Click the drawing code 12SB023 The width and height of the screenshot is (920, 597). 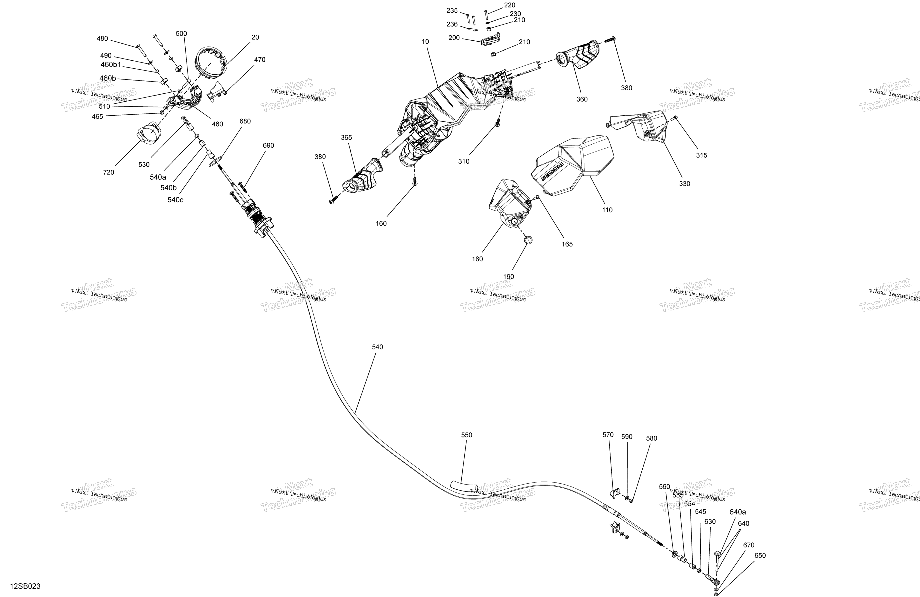click(x=25, y=586)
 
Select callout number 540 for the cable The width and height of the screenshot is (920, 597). click(x=377, y=347)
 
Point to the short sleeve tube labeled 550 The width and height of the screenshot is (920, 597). click(x=464, y=486)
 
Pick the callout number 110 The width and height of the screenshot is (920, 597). click(x=607, y=210)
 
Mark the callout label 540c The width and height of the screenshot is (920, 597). click(x=175, y=200)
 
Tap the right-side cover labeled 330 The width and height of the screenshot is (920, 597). click(x=642, y=126)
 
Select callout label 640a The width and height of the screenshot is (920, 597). click(x=738, y=512)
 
